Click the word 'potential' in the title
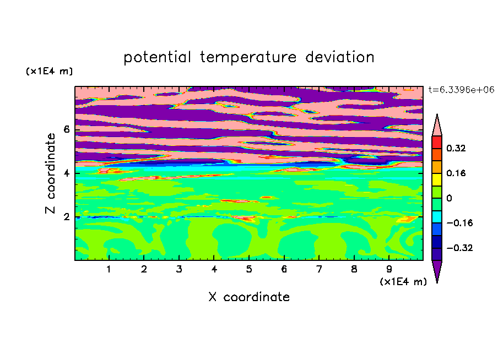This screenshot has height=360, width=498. tap(157, 58)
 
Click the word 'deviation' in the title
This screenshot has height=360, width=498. tap(340, 57)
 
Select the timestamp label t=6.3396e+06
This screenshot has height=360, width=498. tap(461, 90)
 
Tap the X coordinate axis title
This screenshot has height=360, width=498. tap(250, 297)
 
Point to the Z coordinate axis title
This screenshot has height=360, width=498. tap(50, 173)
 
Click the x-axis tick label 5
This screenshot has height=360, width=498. tap(249, 269)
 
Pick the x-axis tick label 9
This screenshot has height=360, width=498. tap(389, 269)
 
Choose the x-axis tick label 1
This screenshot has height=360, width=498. tap(109, 269)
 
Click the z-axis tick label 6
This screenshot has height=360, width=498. tap(66, 129)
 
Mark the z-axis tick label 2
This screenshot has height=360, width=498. tap(66, 217)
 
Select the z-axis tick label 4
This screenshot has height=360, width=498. tap(66, 173)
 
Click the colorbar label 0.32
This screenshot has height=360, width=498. tap(456, 148)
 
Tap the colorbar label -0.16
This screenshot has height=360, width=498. tap(459, 223)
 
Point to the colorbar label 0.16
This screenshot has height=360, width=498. tap(456, 173)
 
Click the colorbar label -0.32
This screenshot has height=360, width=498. tap(459, 248)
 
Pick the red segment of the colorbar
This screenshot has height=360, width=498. tap(437, 142)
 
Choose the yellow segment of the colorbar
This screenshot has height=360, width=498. tap(437, 179)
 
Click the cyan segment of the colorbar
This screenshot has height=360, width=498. tap(437, 217)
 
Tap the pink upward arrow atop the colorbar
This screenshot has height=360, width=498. tap(437, 125)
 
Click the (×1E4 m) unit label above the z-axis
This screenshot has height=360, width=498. tap(49, 71)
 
